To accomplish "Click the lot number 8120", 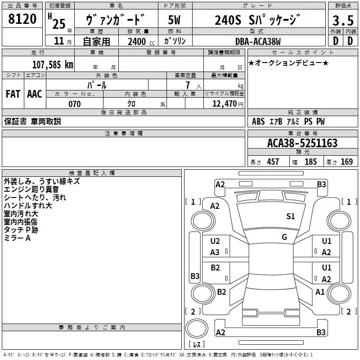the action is click(x=22, y=19).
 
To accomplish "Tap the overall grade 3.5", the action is click(x=343, y=20).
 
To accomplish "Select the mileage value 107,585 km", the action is click(x=53, y=64).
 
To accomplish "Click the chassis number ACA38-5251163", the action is click(x=302, y=143).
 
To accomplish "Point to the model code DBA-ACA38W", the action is click(x=258, y=41).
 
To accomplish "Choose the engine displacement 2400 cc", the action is click(x=141, y=41).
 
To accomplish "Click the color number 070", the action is click(x=74, y=104).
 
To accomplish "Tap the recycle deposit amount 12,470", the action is click(x=224, y=104).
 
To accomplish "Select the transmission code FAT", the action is click(x=13, y=94).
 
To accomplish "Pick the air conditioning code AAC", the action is click(x=35, y=94).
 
